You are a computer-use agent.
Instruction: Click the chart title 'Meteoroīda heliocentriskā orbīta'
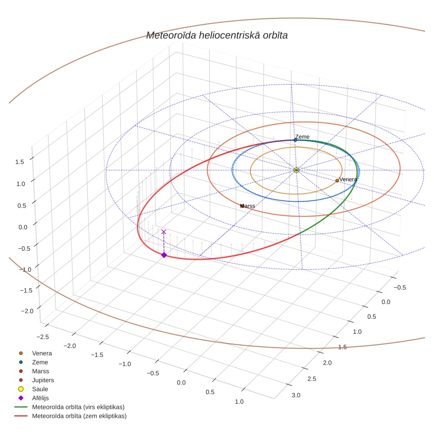coord(217,36)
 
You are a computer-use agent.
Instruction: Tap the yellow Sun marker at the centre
coord(296,170)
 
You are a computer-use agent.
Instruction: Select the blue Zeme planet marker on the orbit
coord(295,140)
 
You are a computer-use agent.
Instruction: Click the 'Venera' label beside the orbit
coord(348,179)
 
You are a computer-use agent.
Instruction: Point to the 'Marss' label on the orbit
coord(248,206)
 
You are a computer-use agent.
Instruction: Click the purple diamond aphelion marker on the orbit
coord(164,255)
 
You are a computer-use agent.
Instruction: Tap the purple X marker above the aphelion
coord(163,232)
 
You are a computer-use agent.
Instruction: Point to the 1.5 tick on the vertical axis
coord(20,162)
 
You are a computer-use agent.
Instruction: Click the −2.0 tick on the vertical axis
coord(27,311)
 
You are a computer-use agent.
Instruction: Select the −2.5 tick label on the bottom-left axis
coord(43,337)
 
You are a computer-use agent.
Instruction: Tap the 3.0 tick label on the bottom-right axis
coord(296,395)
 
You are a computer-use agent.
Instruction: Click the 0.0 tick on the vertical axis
coord(23,227)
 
